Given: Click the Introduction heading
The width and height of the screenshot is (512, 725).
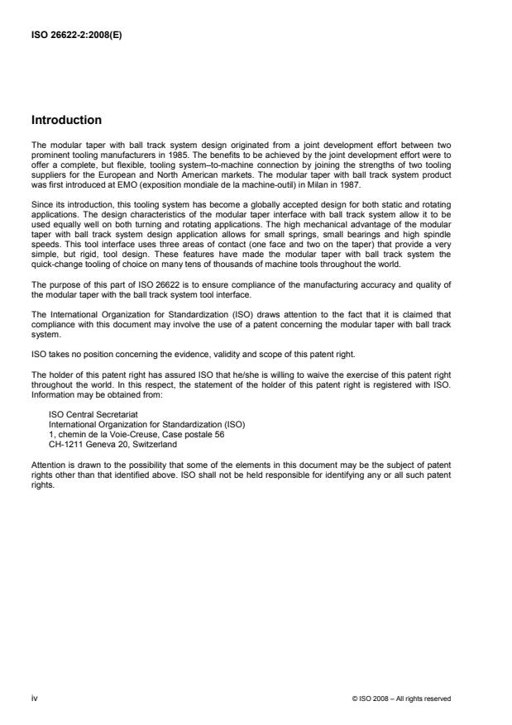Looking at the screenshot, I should [66, 120].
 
